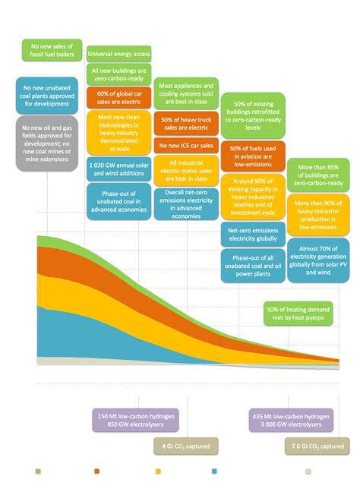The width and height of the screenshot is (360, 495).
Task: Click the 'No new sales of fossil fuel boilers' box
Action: pyautogui.click(x=52, y=51)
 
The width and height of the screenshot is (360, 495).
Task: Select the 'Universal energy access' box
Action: pyautogui.click(x=119, y=54)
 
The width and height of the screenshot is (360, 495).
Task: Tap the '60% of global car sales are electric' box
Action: pyautogui.click(x=119, y=97)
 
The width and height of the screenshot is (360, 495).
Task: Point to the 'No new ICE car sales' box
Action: pyautogui.click(x=186, y=145)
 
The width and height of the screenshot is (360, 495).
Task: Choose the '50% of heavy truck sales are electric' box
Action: pyautogui.click(x=186, y=123)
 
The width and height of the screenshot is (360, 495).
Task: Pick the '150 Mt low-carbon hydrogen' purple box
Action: pyautogui.click(x=119, y=421)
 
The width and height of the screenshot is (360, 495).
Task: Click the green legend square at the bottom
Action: pyautogui.click(x=38, y=471)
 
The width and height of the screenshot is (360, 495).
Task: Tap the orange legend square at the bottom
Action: pyautogui.click(x=97, y=471)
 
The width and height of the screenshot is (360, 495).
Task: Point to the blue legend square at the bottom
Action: pyautogui.click(x=215, y=471)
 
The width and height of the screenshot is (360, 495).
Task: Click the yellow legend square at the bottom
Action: pyautogui.click(x=158, y=471)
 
